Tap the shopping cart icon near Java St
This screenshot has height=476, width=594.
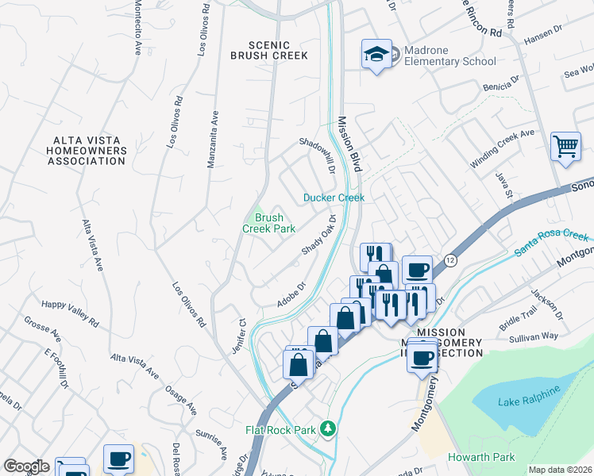tap(565, 146)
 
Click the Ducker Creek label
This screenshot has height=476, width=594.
tap(334, 198)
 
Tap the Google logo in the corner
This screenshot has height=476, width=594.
tap(26, 466)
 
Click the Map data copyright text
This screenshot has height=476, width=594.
tap(560, 470)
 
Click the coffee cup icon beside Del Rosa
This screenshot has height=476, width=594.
tap(118, 458)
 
